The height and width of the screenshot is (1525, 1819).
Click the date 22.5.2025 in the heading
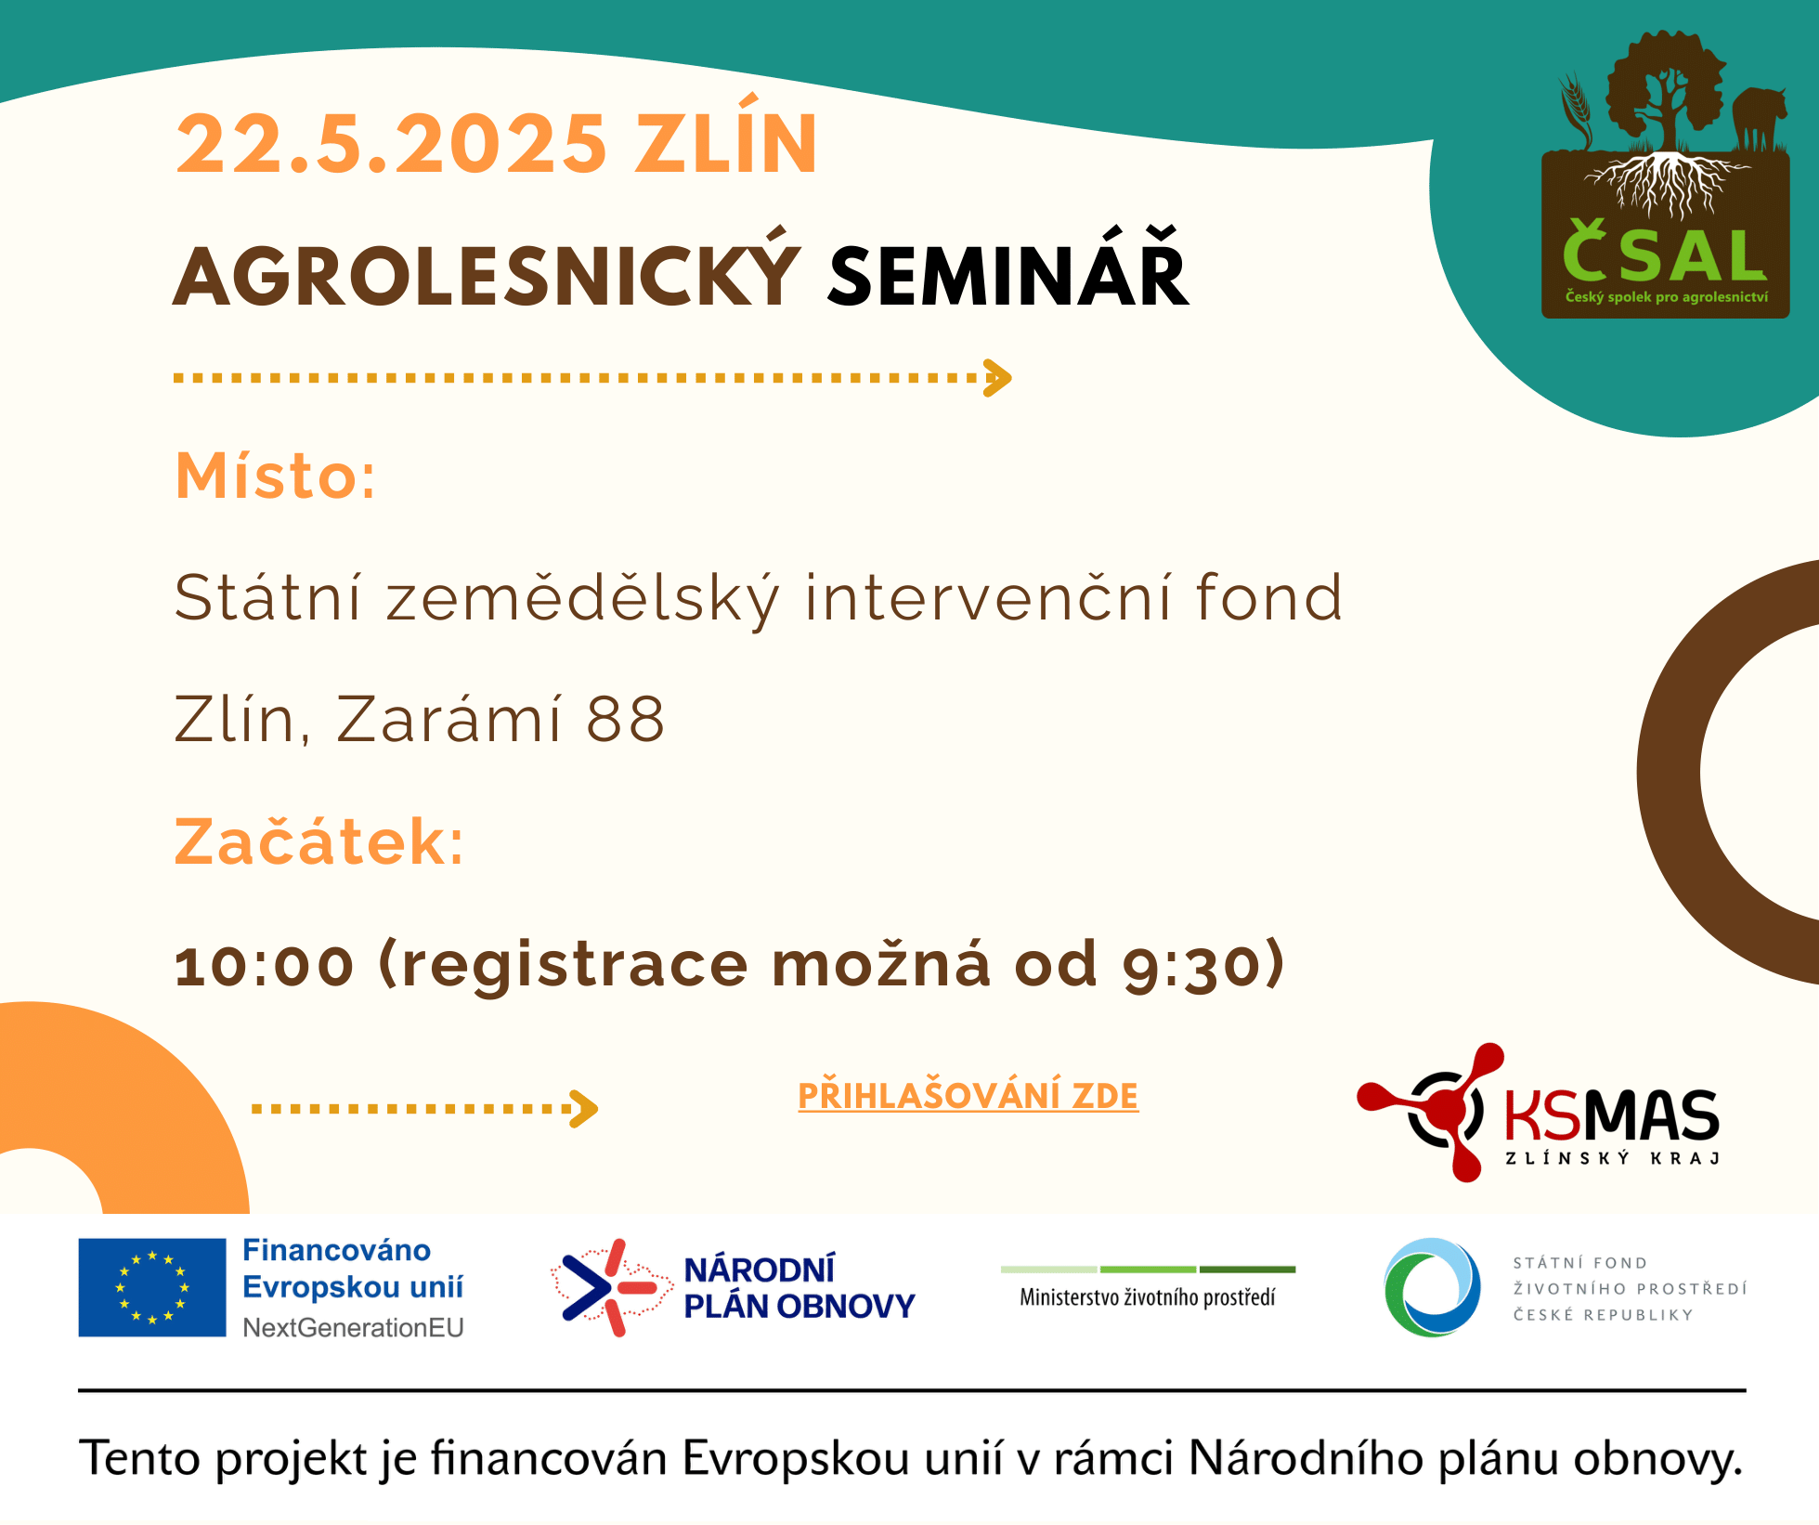(391, 144)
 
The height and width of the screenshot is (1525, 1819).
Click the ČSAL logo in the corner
(1666, 176)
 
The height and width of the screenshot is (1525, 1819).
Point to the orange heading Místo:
(276, 476)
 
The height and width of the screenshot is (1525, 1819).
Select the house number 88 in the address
(626, 719)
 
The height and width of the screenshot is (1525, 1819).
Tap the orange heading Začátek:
(319, 841)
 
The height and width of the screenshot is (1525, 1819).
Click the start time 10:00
(265, 965)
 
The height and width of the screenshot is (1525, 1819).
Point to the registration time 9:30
(1191, 966)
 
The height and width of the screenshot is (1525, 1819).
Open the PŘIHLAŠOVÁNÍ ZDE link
(968, 1096)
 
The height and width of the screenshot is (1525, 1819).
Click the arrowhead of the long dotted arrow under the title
(998, 378)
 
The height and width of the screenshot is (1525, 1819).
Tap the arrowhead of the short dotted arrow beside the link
(585, 1109)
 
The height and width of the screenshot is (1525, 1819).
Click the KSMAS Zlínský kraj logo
(1539, 1113)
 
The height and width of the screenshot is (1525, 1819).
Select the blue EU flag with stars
(152, 1287)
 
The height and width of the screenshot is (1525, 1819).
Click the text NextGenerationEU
(353, 1328)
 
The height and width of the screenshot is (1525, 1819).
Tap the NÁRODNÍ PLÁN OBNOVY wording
(799, 1288)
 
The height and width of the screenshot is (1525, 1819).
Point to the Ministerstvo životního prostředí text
(1148, 1297)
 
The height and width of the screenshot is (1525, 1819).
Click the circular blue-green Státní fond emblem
(1433, 1287)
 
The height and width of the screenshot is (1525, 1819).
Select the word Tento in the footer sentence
(140, 1458)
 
